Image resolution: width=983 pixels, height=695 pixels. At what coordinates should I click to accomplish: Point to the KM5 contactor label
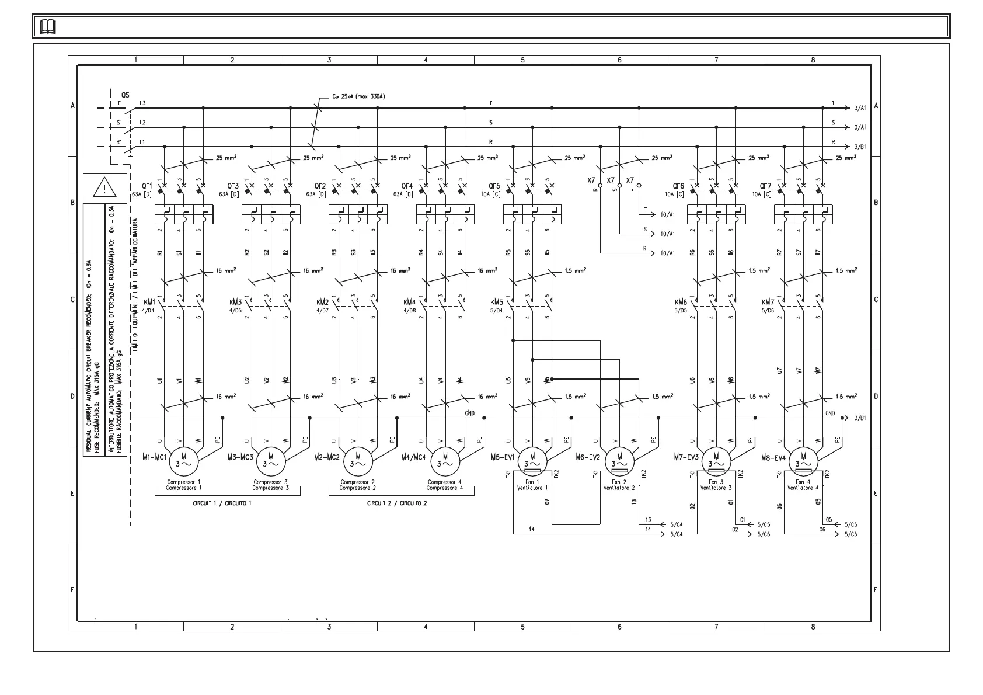[x=497, y=302]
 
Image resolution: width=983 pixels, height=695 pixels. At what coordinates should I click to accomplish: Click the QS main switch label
[x=126, y=95]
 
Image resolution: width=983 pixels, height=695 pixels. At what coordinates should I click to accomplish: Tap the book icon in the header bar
[x=48, y=27]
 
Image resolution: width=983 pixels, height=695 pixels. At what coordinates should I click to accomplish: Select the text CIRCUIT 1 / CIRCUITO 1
[x=222, y=503]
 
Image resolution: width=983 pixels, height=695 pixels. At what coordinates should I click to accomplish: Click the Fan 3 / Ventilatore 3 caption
[x=716, y=485]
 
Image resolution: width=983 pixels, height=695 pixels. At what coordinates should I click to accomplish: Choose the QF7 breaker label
[x=765, y=186]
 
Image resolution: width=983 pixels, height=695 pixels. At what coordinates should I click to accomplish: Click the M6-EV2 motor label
[x=587, y=457]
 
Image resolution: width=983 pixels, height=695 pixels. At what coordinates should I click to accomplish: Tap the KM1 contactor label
[x=149, y=302]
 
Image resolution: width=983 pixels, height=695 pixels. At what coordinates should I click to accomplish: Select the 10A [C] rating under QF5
[x=490, y=194]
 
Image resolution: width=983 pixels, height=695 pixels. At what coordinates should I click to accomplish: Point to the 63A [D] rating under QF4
[x=403, y=194]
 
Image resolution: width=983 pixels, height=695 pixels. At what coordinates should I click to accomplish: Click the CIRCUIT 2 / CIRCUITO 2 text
[x=396, y=503]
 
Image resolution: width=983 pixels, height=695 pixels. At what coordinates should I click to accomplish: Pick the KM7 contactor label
[x=768, y=302]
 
